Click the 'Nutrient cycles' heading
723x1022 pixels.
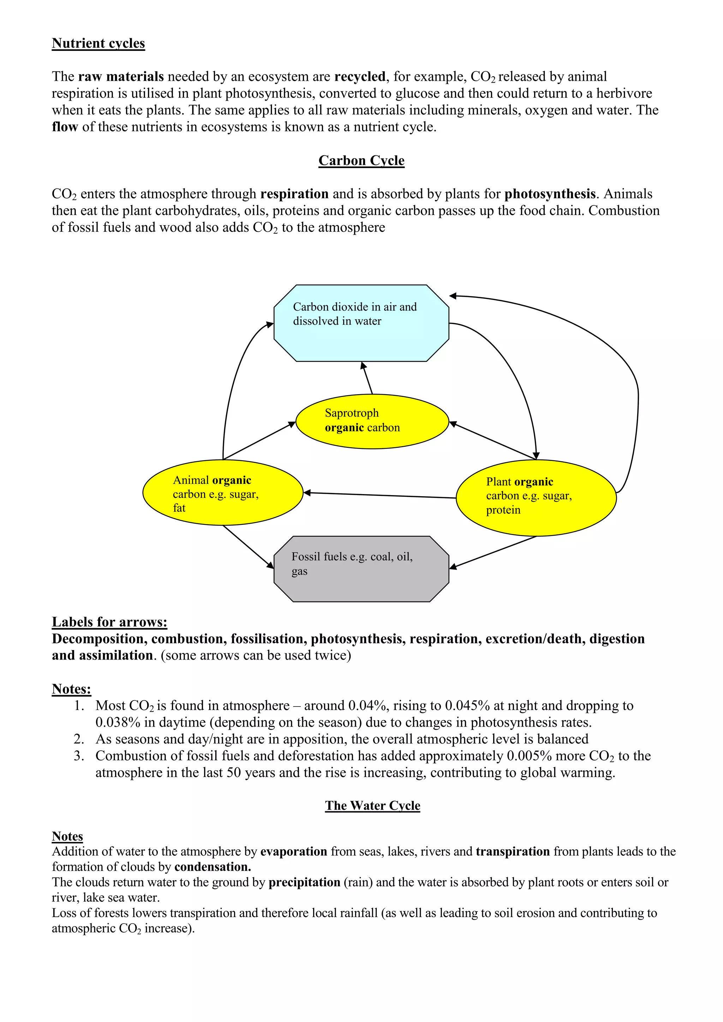coord(98,43)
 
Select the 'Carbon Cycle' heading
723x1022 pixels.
coord(361,160)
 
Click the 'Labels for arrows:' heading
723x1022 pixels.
coord(109,622)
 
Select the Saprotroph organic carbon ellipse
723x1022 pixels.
coord(372,421)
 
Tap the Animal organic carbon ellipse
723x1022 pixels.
coord(223,492)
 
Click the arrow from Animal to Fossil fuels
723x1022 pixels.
coord(248,546)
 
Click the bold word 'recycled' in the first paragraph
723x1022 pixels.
coord(360,77)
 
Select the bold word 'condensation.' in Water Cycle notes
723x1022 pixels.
coord(213,867)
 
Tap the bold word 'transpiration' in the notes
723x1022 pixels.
coord(513,851)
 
